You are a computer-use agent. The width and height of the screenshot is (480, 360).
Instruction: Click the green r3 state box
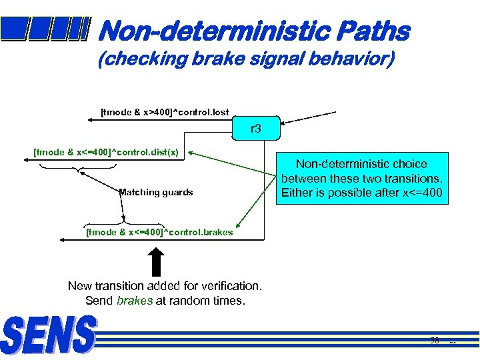pyautogui.click(x=255, y=129)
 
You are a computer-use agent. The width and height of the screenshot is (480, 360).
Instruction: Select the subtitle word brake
pyautogui.click(x=217, y=59)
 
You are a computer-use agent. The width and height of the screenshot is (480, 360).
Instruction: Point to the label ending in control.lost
pyautogui.click(x=164, y=112)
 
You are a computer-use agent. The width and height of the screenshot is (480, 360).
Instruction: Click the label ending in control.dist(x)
pyautogui.click(x=106, y=152)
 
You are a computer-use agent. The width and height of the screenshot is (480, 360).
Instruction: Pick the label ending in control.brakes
pyautogui.click(x=159, y=232)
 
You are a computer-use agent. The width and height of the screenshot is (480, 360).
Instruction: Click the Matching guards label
pyautogui.click(x=156, y=192)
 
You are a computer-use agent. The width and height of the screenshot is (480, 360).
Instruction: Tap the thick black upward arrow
pyautogui.click(x=155, y=261)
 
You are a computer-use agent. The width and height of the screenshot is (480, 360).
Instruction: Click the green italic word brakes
pyautogui.click(x=135, y=301)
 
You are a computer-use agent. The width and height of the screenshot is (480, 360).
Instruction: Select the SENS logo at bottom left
pyautogui.click(x=49, y=335)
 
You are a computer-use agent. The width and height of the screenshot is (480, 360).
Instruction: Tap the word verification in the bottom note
pyautogui.click(x=230, y=286)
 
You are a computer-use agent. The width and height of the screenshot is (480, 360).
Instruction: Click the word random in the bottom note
pyautogui.click(x=189, y=301)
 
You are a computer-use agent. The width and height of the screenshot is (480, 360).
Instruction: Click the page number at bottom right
pyautogui.click(x=435, y=341)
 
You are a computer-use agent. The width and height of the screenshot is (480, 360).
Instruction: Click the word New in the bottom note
pyautogui.click(x=80, y=286)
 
